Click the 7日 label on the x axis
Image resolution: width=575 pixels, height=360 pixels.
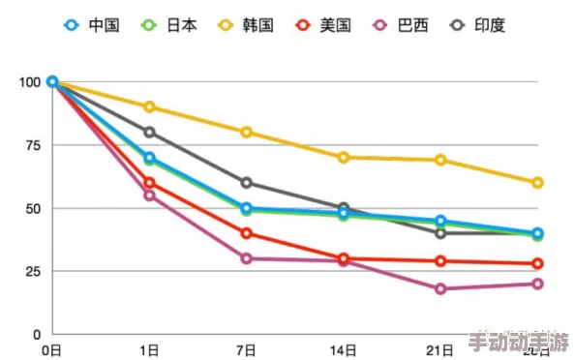click(246, 349)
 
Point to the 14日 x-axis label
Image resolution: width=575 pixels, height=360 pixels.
click(343, 349)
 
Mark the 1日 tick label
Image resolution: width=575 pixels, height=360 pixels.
click(149, 349)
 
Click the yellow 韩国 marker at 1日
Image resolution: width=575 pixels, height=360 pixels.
click(149, 106)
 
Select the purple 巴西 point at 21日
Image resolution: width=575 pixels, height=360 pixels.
click(440, 288)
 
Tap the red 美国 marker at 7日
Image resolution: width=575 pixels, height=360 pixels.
click(247, 233)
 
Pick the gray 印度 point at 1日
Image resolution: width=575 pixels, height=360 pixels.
click(149, 132)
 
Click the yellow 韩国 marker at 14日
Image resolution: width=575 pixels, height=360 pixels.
click(344, 157)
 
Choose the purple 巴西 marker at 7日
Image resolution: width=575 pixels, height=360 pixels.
click(247, 258)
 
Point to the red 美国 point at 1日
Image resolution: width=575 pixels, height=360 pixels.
click(149, 183)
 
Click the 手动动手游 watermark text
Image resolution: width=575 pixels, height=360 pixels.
click(518, 343)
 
